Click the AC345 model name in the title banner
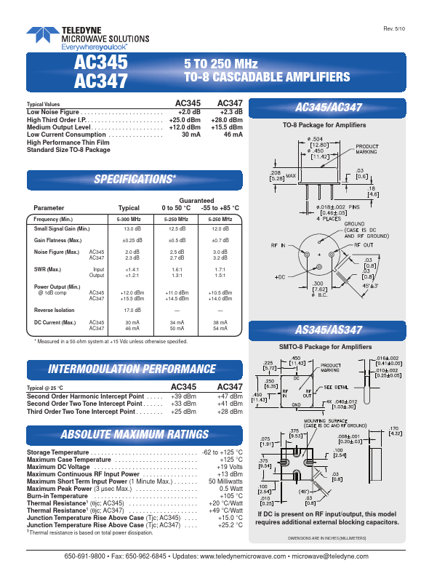(x=101, y=63)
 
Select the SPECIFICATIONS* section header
(x=135, y=180)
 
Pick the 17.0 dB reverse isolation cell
(x=133, y=309)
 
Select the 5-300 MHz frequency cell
(x=133, y=219)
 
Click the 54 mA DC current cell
(x=221, y=329)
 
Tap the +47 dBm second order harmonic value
(x=229, y=396)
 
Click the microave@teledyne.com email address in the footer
(x=348, y=556)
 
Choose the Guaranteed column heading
(x=196, y=200)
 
